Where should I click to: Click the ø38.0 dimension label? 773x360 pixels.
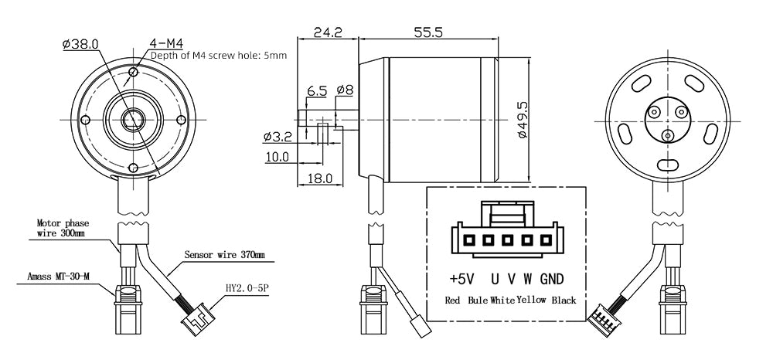tap(80, 44)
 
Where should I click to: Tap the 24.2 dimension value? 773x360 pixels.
tap(328, 32)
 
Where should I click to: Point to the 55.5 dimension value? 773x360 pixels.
tap(427, 32)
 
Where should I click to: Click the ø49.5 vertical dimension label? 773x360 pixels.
tap(523, 119)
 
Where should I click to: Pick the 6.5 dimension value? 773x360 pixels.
tap(317, 91)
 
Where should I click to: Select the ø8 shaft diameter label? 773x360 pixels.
tap(345, 90)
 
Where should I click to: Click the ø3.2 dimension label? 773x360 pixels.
tap(277, 137)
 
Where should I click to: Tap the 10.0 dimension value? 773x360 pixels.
tap(276, 157)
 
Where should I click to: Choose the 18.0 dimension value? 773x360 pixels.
tap(319, 178)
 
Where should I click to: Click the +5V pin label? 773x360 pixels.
tap(461, 278)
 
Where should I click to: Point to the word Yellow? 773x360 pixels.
tap(532, 300)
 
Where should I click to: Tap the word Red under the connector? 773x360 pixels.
tap(454, 300)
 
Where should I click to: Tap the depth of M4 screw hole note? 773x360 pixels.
tap(219, 56)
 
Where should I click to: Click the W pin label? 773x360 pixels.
tap(527, 278)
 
